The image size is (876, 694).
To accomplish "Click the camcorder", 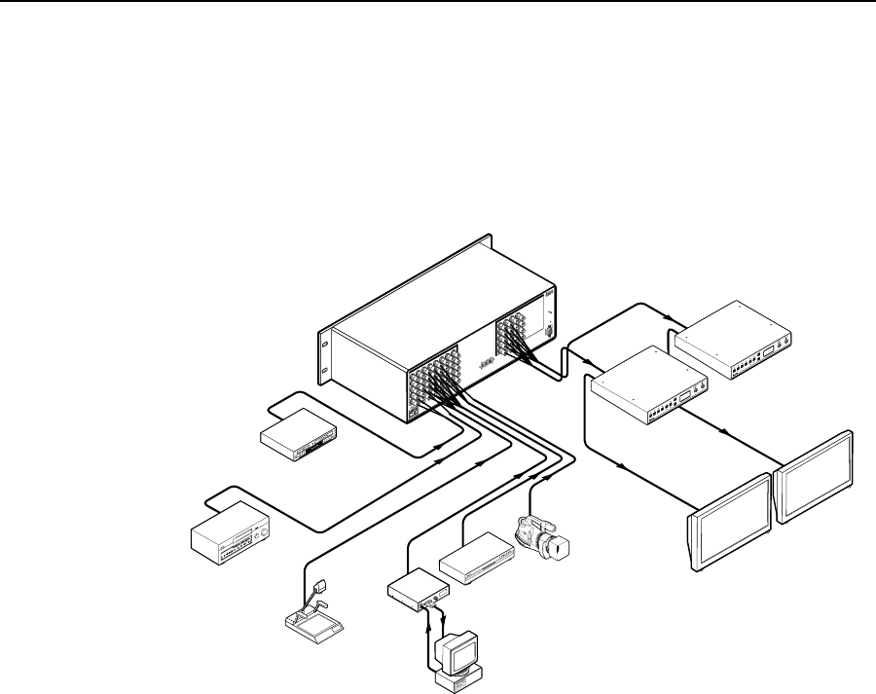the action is pos(538,534).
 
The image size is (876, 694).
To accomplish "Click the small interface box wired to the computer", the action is pos(419,589).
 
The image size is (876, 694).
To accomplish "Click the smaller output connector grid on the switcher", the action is pos(517,336).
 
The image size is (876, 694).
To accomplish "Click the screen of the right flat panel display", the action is pos(816,476).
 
